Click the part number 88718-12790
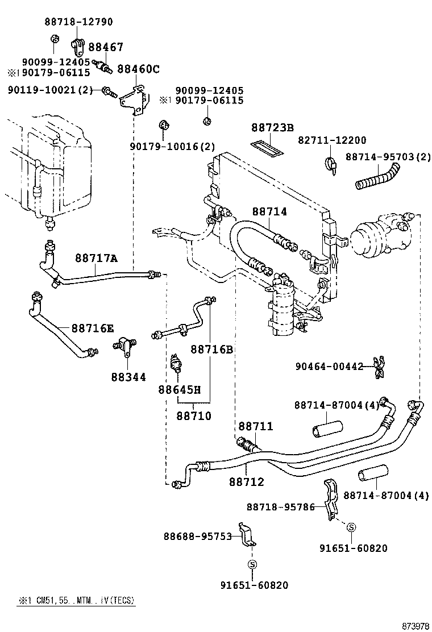click(x=78, y=22)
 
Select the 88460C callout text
click(x=138, y=69)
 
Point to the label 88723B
click(x=272, y=128)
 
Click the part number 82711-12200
click(x=332, y=140)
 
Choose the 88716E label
click(x=92, y=329)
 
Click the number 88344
click(x=128, y=377)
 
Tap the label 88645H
click(x=180, y=390)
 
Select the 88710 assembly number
click(x=193, y=416)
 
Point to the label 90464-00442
click(x=329, y=367)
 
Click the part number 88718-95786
click(x=280, y=506)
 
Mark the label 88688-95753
click(x=198, y=536)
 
